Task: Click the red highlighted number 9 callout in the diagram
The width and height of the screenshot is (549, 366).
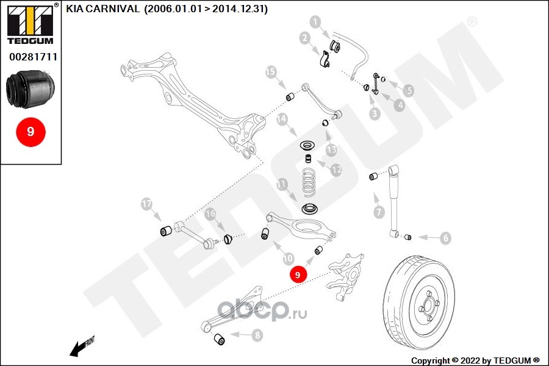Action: coord(298,275)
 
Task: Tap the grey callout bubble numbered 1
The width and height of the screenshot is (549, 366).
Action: coord(315,23)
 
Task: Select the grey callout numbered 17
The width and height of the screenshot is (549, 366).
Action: coord(146,203)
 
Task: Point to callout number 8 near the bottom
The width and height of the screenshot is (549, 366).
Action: coord(257,334)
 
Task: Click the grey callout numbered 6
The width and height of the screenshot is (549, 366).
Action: coord(446,238)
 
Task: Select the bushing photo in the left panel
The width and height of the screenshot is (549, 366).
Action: coord(30,88)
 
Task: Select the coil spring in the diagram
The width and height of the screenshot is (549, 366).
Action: coord(311,182)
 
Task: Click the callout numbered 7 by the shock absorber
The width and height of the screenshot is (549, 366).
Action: coord(379,212)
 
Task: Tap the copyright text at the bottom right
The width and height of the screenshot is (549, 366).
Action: coord(475,360)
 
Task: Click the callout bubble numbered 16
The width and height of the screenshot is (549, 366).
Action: coord(210,214)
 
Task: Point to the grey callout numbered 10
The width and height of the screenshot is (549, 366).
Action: coord(287,259)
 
